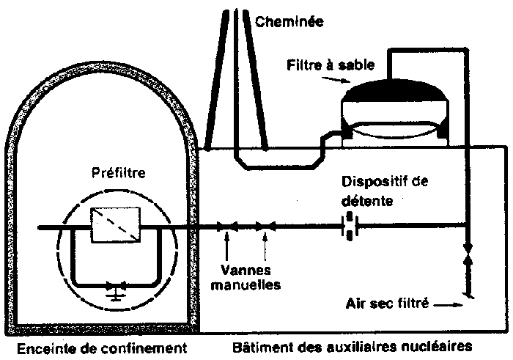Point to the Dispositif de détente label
coord(384,189)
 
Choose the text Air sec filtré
coord(388,301)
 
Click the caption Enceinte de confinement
coord(100,345)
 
